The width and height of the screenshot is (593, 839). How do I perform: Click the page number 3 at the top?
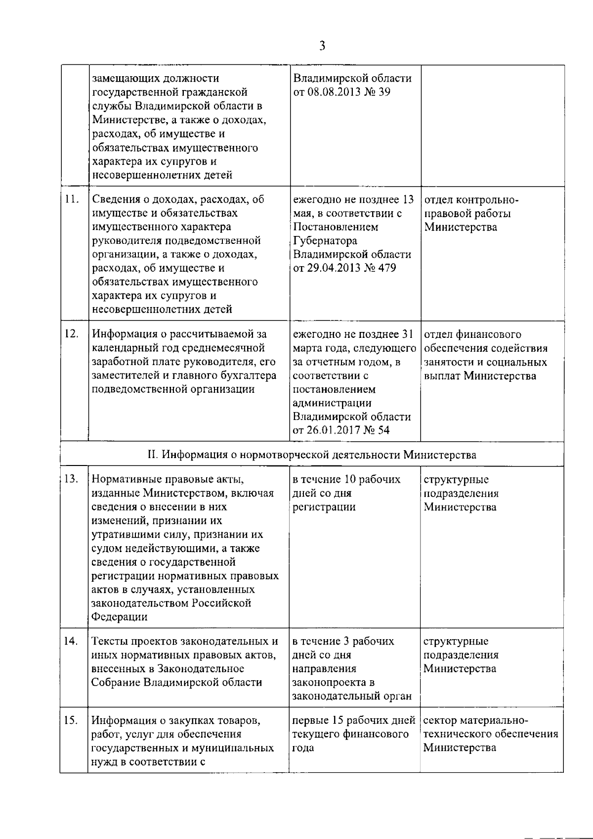pos(322,46)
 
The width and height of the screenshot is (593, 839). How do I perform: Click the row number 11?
pos(72,199)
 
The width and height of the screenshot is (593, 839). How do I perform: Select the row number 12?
pos(72,334)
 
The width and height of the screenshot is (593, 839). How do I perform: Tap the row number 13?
pos(72,479)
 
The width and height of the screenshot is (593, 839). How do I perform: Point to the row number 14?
pos(72,641)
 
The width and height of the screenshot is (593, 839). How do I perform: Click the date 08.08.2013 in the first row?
pos(333,93)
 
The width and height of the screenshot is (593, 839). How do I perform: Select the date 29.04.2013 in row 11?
pos(333,269)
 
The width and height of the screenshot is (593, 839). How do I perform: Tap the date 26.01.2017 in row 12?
pos(333,430)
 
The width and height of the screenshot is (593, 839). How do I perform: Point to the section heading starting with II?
pos(312,454)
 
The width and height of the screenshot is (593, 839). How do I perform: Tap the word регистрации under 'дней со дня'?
pos(324,507)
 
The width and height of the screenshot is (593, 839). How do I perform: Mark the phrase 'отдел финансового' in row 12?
pos(472,334)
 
